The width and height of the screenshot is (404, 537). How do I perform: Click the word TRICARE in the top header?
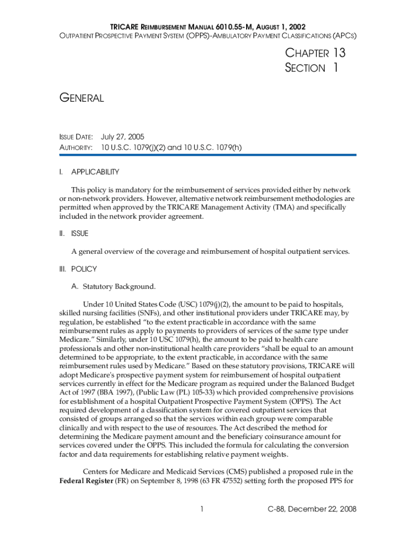tap(124, 26)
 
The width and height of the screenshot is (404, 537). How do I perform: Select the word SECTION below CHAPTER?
tap(305, 68)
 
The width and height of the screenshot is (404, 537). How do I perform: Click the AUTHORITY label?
tap(76, 148)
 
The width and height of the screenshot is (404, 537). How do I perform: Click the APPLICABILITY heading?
tap(95, 172)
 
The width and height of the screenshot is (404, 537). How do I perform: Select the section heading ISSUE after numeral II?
tap(80, 233)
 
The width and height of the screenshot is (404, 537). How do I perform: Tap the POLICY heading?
tap(84, 269)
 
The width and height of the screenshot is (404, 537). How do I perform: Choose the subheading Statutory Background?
tap(119, 286)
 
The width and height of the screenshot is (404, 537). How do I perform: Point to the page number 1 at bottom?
tap(201, 509)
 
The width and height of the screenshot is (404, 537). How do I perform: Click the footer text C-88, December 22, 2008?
tap(312, 509)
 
